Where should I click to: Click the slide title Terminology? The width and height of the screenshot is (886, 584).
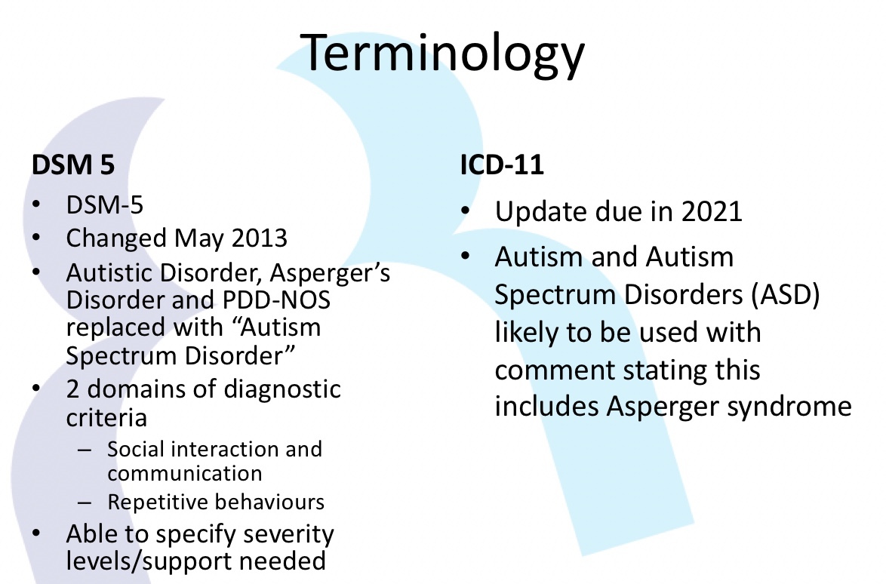tap(442, 54)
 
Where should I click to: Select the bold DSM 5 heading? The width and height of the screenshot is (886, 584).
tap(73, 165)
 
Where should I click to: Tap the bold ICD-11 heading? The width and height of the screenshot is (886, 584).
tap(502, 165)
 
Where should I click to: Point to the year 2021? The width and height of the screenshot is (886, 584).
tap(712, 212)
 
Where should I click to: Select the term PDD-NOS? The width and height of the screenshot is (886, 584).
tap(276, 300)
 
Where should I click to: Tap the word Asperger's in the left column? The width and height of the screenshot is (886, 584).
tap(330, 274)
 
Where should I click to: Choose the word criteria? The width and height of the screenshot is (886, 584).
tap(106, 418)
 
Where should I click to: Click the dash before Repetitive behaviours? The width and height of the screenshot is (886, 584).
tap(85, 502)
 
